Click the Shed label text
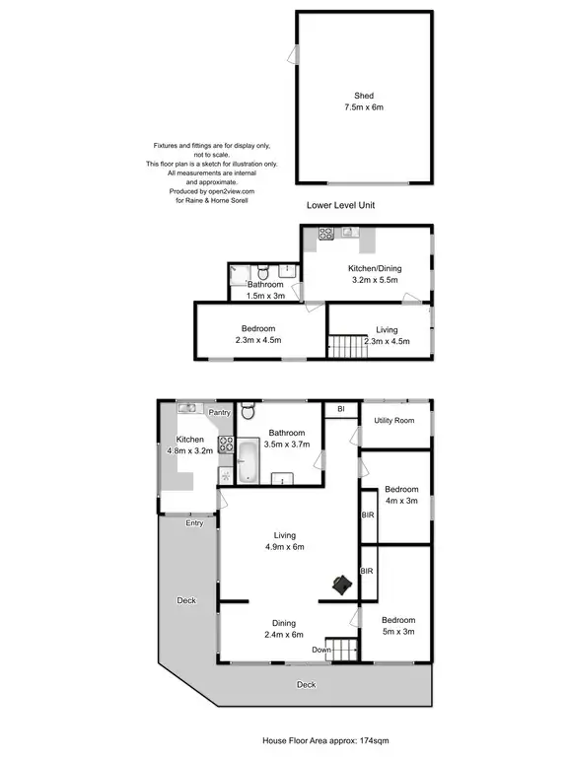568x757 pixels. tap(363, 96)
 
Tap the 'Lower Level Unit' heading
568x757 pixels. tap(342, 205)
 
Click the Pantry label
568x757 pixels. tap(219, 414)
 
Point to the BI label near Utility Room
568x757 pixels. tap(340, 408)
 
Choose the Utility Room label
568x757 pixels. tap(394, 421)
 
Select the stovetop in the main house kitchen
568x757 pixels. tap(225, 444)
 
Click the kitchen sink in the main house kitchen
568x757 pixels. tap(187, 407)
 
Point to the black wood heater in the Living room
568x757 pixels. tap(342, 585)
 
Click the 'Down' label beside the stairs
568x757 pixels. tap(321, 651)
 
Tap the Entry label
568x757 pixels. tap(194, 522)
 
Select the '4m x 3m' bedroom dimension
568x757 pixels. tap(401, 501)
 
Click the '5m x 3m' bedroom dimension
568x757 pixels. tap(399, 631)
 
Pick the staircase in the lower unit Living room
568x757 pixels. tap(345, 347)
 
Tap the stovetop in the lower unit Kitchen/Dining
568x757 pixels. tap(325, 234)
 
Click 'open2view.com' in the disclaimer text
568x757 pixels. tap(233, 191)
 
